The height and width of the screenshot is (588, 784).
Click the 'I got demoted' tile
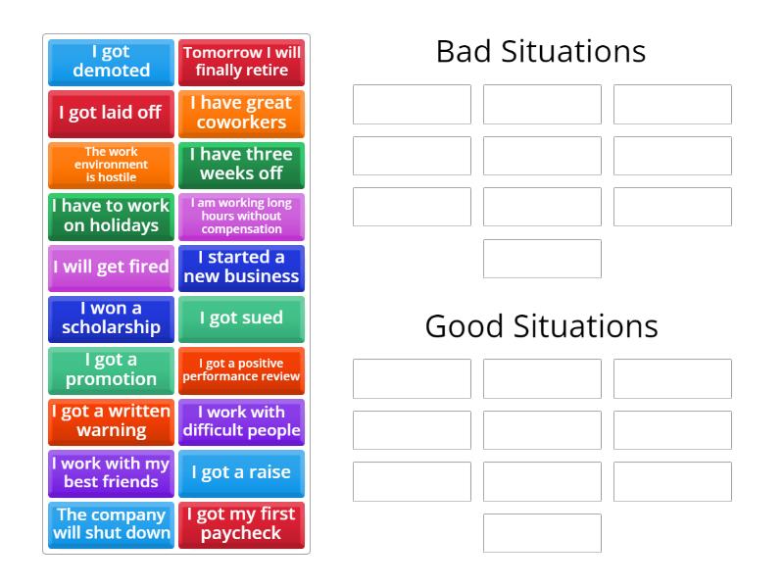pos(111,62)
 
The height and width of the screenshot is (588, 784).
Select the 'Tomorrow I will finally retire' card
pos(241,62)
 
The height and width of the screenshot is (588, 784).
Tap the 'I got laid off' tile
pos(111,113)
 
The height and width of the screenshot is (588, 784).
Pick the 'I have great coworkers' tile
pos(241,113)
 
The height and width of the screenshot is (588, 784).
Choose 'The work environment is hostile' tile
pos(111,165)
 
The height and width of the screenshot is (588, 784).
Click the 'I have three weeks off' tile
pos(241,165)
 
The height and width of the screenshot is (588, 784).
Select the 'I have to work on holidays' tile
pos(111,216)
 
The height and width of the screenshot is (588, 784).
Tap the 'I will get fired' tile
pos(111,268)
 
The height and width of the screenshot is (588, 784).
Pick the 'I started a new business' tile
pos(241,268)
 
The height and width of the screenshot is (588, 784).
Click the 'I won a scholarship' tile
pos(111,318)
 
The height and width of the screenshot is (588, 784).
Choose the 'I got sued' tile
pos(241,318)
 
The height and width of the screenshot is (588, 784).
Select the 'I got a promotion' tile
pos(111,370)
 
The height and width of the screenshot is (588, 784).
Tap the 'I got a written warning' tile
pos(111,421)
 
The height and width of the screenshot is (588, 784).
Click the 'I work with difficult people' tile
pos(241,421)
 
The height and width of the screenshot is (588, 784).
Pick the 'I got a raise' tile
pos(241,473)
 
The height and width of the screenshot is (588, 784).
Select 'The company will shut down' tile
pos(111,524)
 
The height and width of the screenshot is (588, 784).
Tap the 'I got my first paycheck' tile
pos(241,524)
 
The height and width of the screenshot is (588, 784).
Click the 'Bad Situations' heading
pos(541,51)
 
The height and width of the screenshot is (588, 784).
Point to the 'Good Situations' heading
pos(541,325)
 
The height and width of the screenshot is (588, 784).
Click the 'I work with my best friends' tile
pos(111,473)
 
